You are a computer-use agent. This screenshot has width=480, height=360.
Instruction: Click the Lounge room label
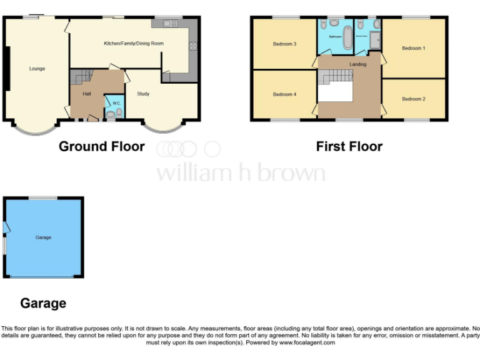pos(37,69)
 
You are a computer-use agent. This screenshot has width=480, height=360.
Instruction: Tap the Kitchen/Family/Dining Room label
pos(134,43)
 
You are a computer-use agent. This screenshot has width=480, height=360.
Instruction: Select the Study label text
pos(143,94)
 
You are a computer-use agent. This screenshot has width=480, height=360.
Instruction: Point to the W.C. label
pos(116,103)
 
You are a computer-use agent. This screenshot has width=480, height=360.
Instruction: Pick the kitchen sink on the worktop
pos(169,24)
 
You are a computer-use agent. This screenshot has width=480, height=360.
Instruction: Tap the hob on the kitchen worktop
pos(192,46)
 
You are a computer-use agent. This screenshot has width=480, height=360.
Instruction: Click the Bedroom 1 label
pos(413,48)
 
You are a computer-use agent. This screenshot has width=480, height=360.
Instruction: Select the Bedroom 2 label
pos(413,99)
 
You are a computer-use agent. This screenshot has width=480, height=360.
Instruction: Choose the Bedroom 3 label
pos(284,44)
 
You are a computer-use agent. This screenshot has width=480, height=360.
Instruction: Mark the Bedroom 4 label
pos(284,94)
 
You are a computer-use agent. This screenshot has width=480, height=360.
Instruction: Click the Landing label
pos(358,64)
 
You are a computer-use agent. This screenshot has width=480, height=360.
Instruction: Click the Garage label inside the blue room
pos(43,237)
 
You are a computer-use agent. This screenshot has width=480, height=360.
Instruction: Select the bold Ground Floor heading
pos(102,147)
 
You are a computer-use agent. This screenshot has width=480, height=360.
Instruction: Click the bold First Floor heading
pos(349,147)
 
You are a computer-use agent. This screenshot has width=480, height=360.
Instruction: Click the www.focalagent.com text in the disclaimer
pos(307,342)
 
